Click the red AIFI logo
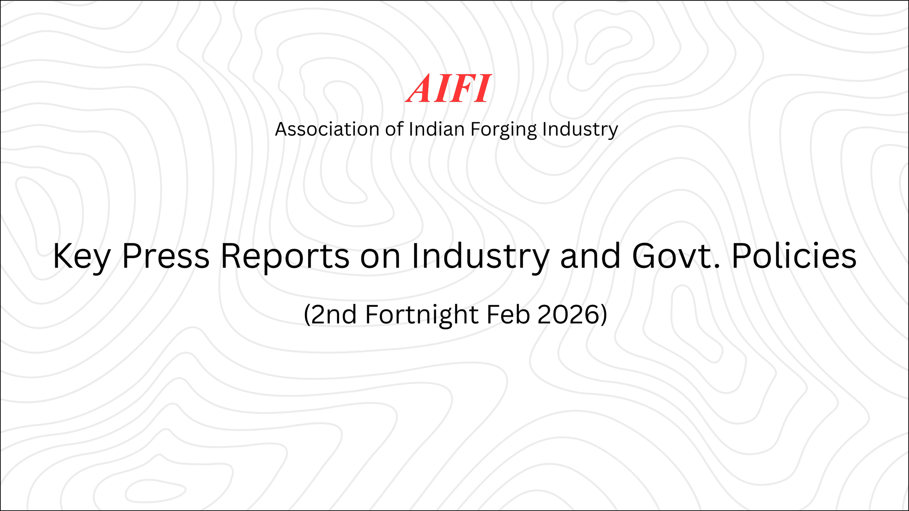click(x=448, y=89)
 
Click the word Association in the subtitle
click(x=327, y=129)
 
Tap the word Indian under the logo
click(x=436, y=129)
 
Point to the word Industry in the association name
click(x=580, y=130)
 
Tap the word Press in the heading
click(x=166, y=256)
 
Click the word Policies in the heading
click(x=794, y=256)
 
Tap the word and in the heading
click(x=590, y=256)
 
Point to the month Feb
click(x=508, y=315)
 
